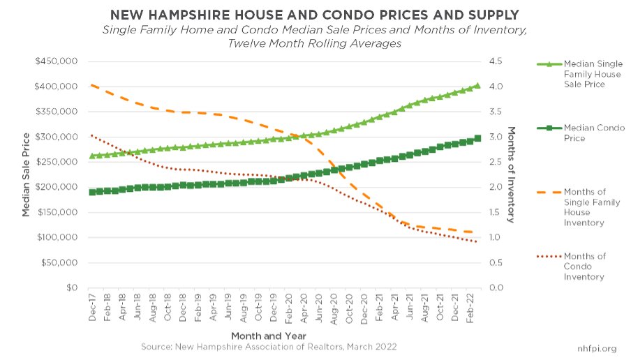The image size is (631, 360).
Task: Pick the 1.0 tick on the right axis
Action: pyautogui.click(x=496, y=237)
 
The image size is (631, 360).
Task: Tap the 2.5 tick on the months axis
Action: pyautogui.click(x=496, y=162)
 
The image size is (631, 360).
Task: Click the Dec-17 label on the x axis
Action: pyautogui.click(x=92, y=307)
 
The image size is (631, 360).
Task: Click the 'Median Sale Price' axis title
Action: pyautogui.click(x=26, y=174)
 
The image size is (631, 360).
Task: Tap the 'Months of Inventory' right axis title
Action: pyautogui.click(x=512, y=174)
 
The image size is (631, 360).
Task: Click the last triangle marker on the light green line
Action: pyautogui.click(x=477, y=86)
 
